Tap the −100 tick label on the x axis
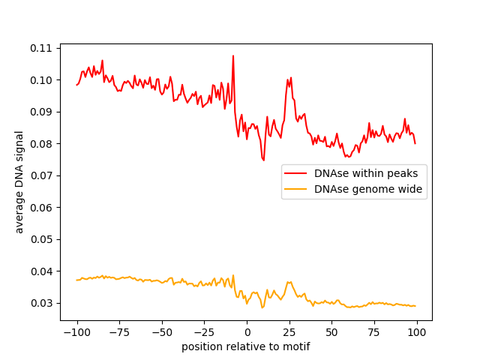[76, 332]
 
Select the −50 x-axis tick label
[161, 332]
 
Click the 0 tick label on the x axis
[247, 332]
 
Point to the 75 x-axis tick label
[374, 332]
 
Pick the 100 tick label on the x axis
[417, 332]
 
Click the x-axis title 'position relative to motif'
[246, 346]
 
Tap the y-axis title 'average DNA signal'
[19, 182]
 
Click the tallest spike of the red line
[233, 55]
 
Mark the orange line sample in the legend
[297, 190]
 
